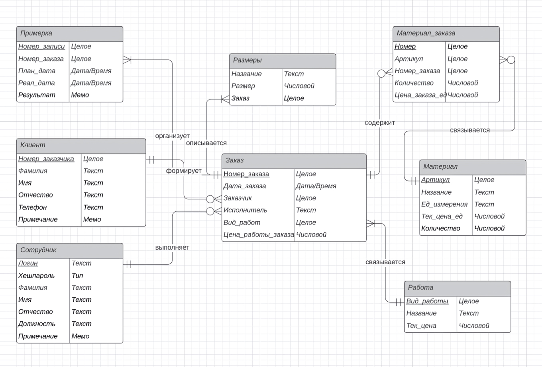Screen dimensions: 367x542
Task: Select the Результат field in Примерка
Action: click(x=37, y=95)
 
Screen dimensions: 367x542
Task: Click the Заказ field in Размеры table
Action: click(x=240, y=98)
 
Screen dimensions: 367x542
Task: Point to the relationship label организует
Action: click(x=172, y=136)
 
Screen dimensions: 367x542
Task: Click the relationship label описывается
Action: click(x=206, y=143)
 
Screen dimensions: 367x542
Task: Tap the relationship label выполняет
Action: click(x=172, y=248)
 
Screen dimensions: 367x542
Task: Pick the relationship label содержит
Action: click(x=379, y=123)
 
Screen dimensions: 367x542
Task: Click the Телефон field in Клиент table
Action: click(x=32, y=207)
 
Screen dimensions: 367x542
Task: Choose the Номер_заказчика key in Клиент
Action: click(x=46, y=159)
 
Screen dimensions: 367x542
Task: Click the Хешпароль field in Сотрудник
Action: click(x=36, y=275)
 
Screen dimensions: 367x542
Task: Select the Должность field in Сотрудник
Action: click(x=37, y=324)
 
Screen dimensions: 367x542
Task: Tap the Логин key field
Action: click(x=28, y=263)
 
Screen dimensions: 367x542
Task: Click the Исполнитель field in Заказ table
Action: click(x=245, y=210)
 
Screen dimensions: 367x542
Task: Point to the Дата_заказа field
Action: click(x=244, y=186)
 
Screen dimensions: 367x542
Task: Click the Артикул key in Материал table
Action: click(x=435, y=180)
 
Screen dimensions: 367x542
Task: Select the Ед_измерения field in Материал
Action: click(x=444, y=204)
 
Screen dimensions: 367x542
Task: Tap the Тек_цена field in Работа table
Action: click(x=421, y=326)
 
